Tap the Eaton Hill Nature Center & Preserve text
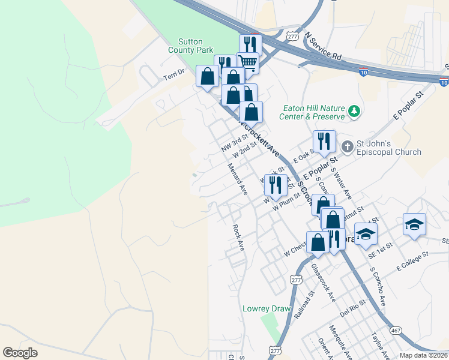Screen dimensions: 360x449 (314, 113)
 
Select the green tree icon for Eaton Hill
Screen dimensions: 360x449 (354, 110)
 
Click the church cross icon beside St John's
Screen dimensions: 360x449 (347, 146)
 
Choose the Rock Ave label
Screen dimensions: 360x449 (238, 237)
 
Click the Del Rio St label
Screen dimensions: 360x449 (353, 309)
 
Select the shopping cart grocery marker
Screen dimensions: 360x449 (249, 63)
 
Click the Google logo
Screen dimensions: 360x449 (20, 353)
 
